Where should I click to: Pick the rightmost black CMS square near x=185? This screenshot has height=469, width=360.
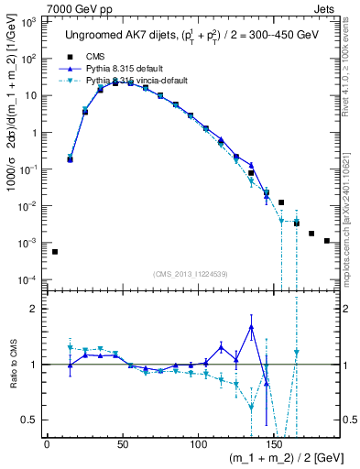click(327, 241)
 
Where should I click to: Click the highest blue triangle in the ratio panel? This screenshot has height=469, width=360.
click(251, 327)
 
